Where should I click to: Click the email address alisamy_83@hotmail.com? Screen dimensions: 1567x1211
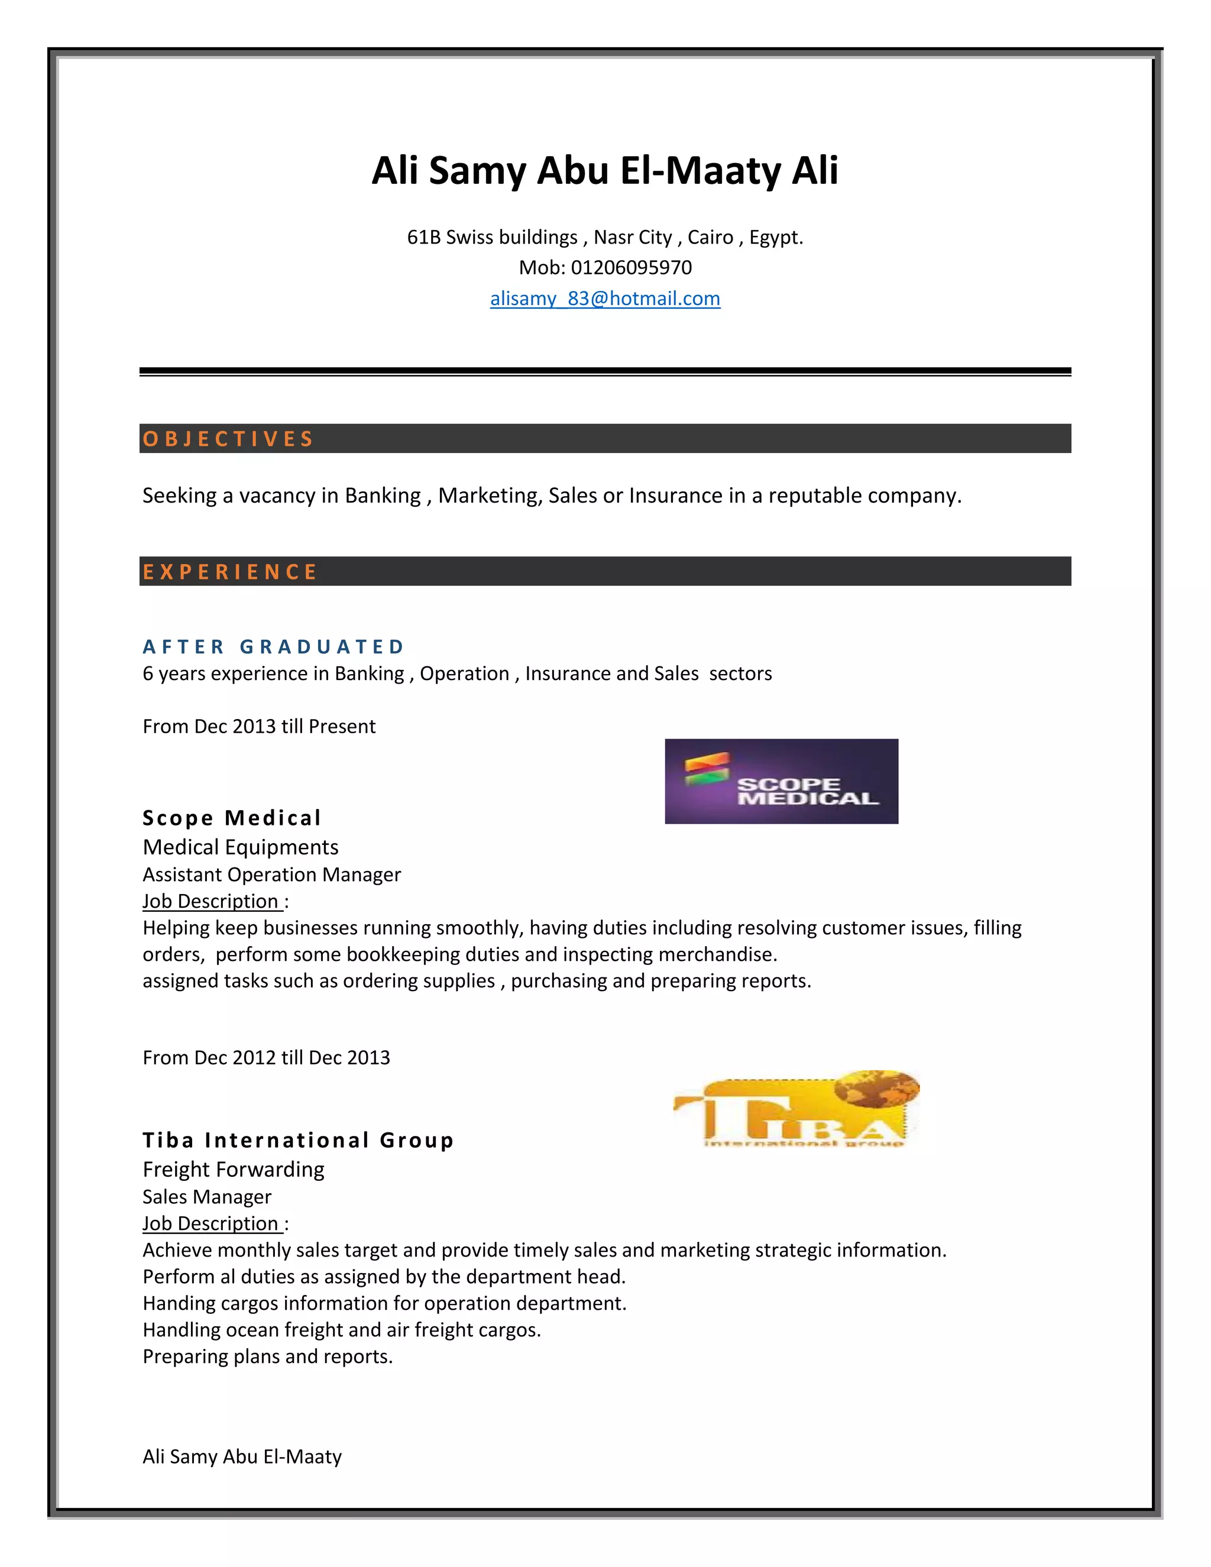click(605, 299)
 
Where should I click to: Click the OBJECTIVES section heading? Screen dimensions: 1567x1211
click(228, 438)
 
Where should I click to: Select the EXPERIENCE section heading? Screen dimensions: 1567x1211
click(229, 571)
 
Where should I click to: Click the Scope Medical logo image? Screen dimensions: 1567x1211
click(781, 781)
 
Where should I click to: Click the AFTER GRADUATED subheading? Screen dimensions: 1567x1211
click(273, 646)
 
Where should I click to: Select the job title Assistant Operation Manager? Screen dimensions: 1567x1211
click(271, 875)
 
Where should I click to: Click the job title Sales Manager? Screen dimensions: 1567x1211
click(206, 1197)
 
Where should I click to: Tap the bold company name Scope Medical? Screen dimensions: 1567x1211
click(232, 818)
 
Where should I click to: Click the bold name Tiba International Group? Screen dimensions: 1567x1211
click(298, 1140)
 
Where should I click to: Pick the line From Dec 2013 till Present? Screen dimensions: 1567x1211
click(258, 726)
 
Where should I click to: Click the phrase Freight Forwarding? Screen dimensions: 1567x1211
click(233, 1170)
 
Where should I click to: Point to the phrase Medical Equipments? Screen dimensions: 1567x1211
click(240, 847)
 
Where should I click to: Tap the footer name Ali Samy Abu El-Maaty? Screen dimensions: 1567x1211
click(242, 1456)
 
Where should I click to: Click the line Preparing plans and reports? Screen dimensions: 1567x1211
click(268, 1356)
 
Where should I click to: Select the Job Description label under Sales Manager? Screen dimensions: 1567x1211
click(211, 1223)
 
